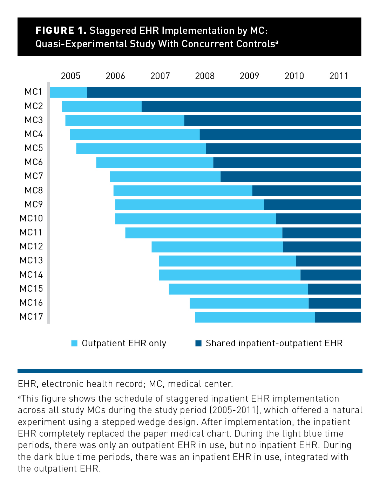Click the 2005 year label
(x=70, y=76)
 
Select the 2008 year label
(x=205, y=76)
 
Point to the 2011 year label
(x=339, y=76)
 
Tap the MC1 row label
(x=34, y=92)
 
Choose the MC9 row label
(x=34, y=205)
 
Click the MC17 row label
(x=31, y=317)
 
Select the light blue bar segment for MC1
(x=69, y=92)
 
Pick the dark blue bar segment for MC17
(x=338, y=317)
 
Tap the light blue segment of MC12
(x=217, y=247)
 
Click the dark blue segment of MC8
(x=306, y=191)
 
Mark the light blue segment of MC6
(x=155, y=163)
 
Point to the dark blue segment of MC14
(x=331, y=275)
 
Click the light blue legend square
(x=74, y=343)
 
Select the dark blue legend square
(x=198, y=343)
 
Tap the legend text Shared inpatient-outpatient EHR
(x=274, y=344)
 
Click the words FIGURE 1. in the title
(x=61, y=31)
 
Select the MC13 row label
(x=31, y=261)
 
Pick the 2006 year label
(x=115, y=76)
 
